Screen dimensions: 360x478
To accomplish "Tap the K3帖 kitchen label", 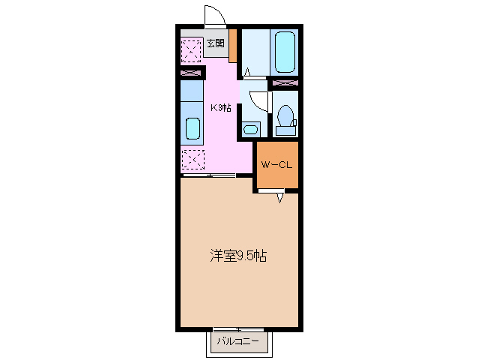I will click(220, 107).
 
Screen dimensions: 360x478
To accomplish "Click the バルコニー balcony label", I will click(238, 343).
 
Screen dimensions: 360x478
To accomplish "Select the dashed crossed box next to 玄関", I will click(192, 50).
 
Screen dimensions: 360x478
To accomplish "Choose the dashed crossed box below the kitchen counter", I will click(193, 159).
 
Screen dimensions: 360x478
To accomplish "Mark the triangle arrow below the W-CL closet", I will click(280, 197).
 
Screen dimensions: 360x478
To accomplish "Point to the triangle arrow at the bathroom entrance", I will click(246, 73).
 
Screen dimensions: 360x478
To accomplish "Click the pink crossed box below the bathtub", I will click(285, 82).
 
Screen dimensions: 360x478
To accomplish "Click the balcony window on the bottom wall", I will click(238, 329).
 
